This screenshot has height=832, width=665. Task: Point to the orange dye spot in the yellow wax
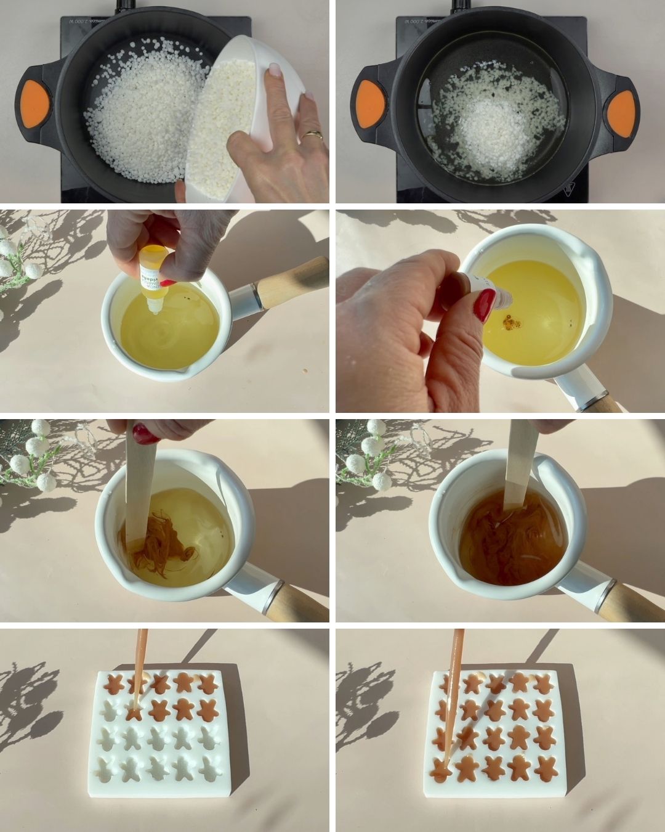(510, 322)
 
